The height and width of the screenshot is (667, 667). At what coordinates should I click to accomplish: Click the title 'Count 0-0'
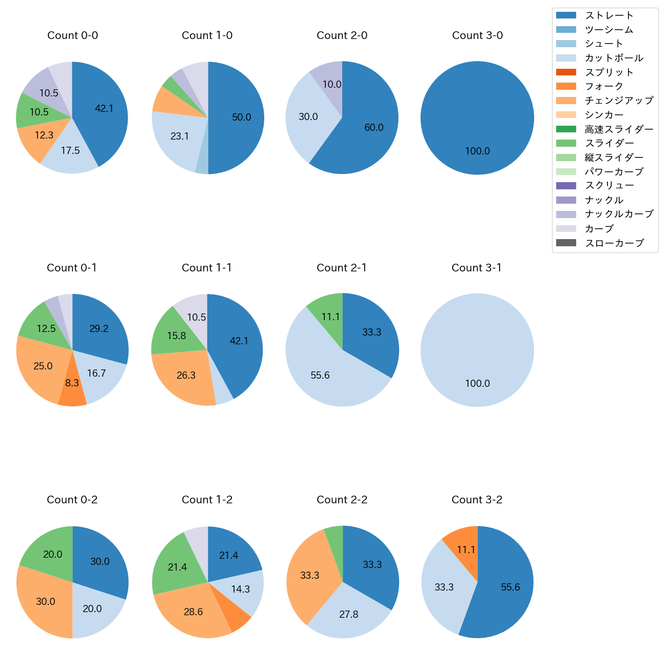point(72,35)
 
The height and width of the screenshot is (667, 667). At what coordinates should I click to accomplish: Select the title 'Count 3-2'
point(477,500)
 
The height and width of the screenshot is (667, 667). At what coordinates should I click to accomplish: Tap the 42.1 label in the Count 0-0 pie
point(104,108)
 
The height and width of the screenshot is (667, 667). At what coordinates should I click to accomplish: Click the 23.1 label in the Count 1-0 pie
point(180,136)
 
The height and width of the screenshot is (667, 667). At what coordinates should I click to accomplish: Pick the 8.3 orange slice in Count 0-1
point(72,390)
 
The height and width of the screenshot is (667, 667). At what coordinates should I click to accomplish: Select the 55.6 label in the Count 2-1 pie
point(320,375)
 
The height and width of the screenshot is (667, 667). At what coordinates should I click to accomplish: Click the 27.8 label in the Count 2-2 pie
point(348,614)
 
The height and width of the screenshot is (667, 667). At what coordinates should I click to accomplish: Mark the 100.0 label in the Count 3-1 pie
point(477,383)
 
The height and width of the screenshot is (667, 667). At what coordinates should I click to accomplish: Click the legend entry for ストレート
point(609,15)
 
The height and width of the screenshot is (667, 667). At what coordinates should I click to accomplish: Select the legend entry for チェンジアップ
point(619,101)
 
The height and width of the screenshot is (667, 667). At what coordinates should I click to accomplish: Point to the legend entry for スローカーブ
point(614,243)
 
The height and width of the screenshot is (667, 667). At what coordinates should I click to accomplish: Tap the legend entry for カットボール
point(614,58)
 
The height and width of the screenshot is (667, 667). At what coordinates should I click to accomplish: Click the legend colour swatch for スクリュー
point(566,186)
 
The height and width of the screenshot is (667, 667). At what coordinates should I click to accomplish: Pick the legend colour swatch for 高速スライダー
point(566,129)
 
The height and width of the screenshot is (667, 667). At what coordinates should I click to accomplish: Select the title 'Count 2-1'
point(342,268)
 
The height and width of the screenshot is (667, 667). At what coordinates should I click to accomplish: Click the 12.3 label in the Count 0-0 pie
point(44,135)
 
